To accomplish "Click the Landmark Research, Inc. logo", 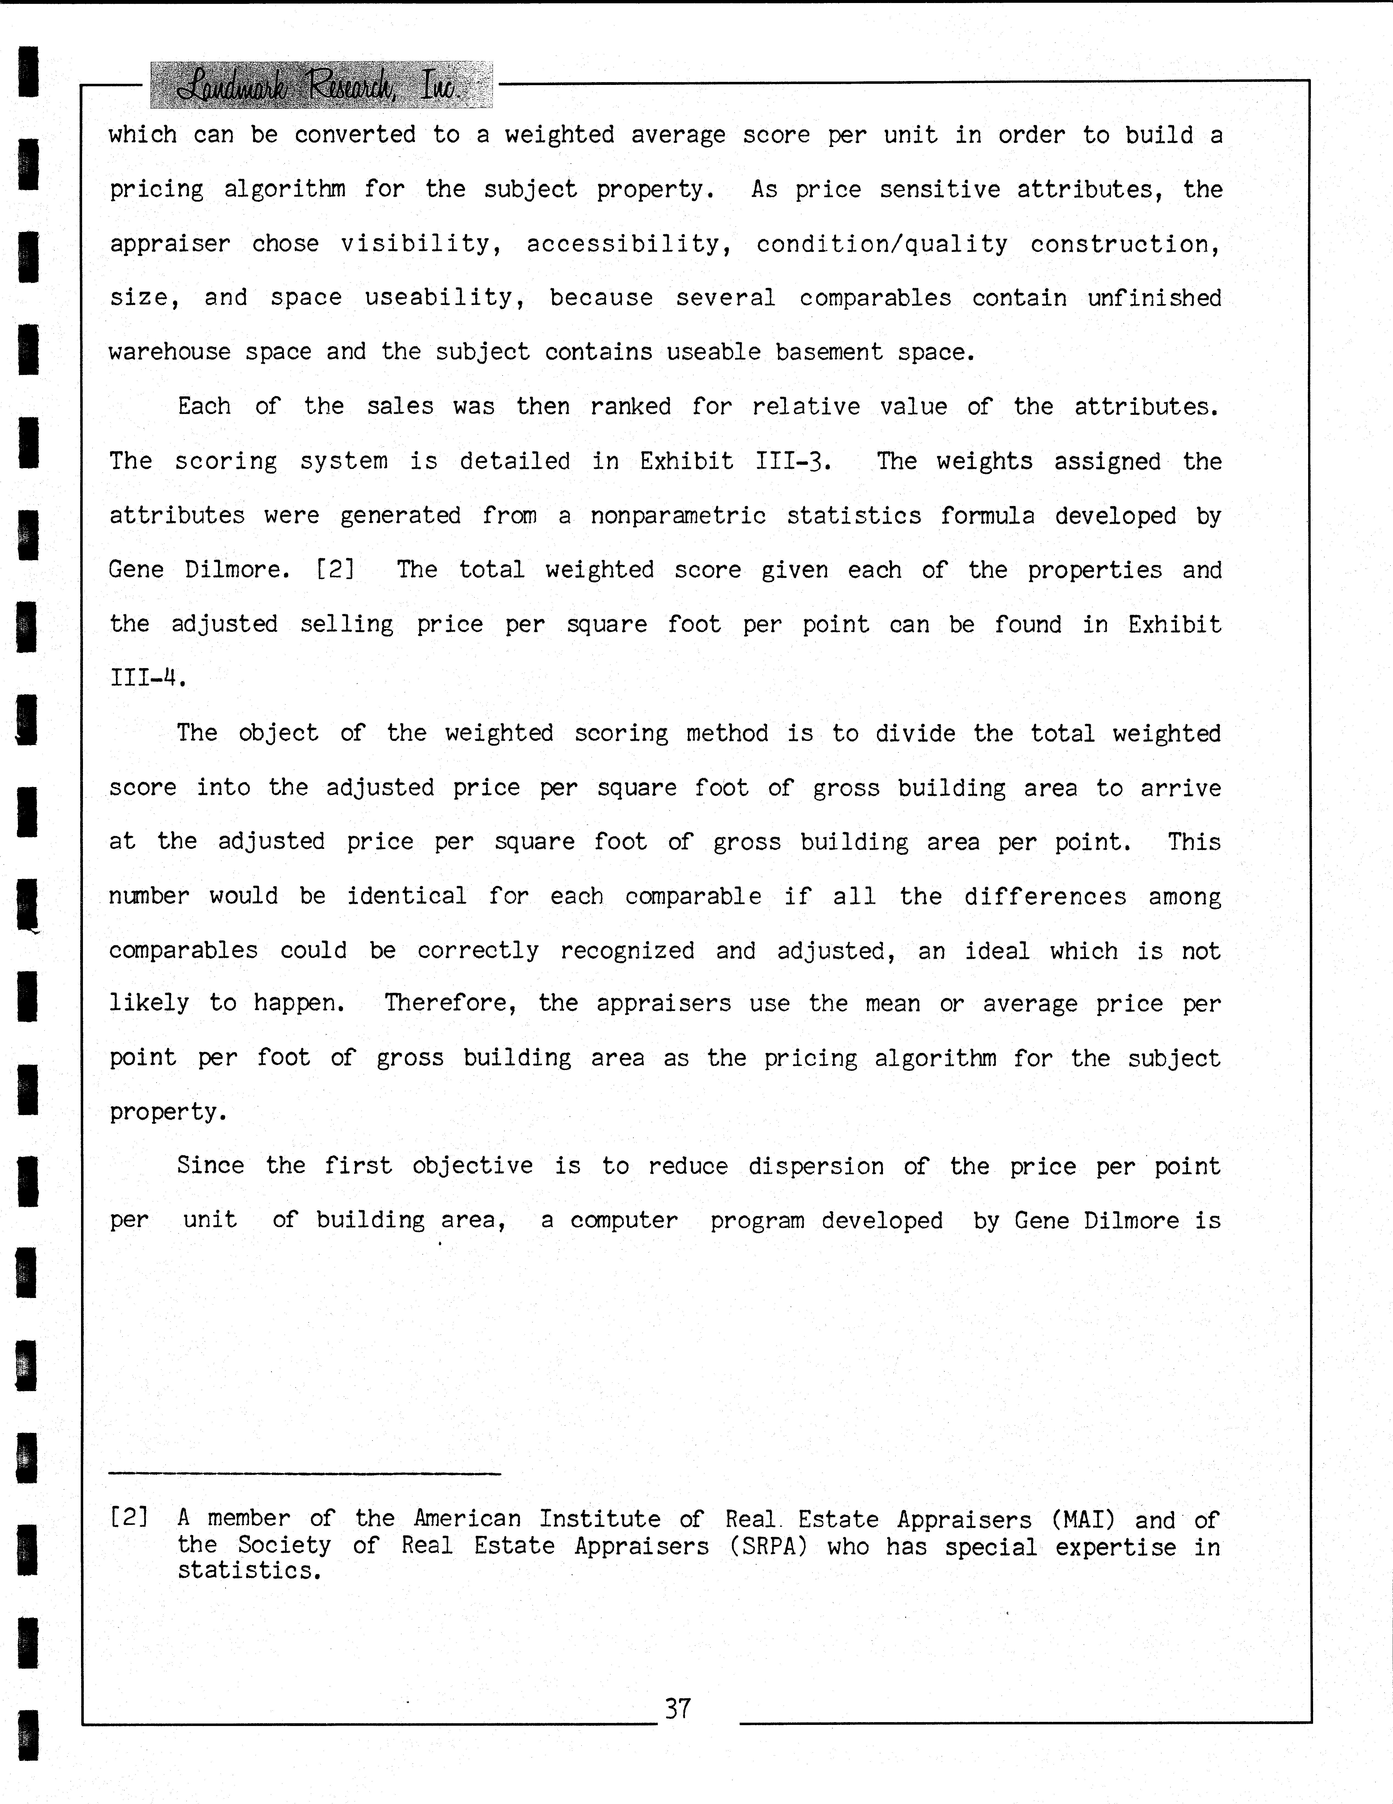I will point(321,85).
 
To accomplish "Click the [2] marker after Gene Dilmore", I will point(335,570).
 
